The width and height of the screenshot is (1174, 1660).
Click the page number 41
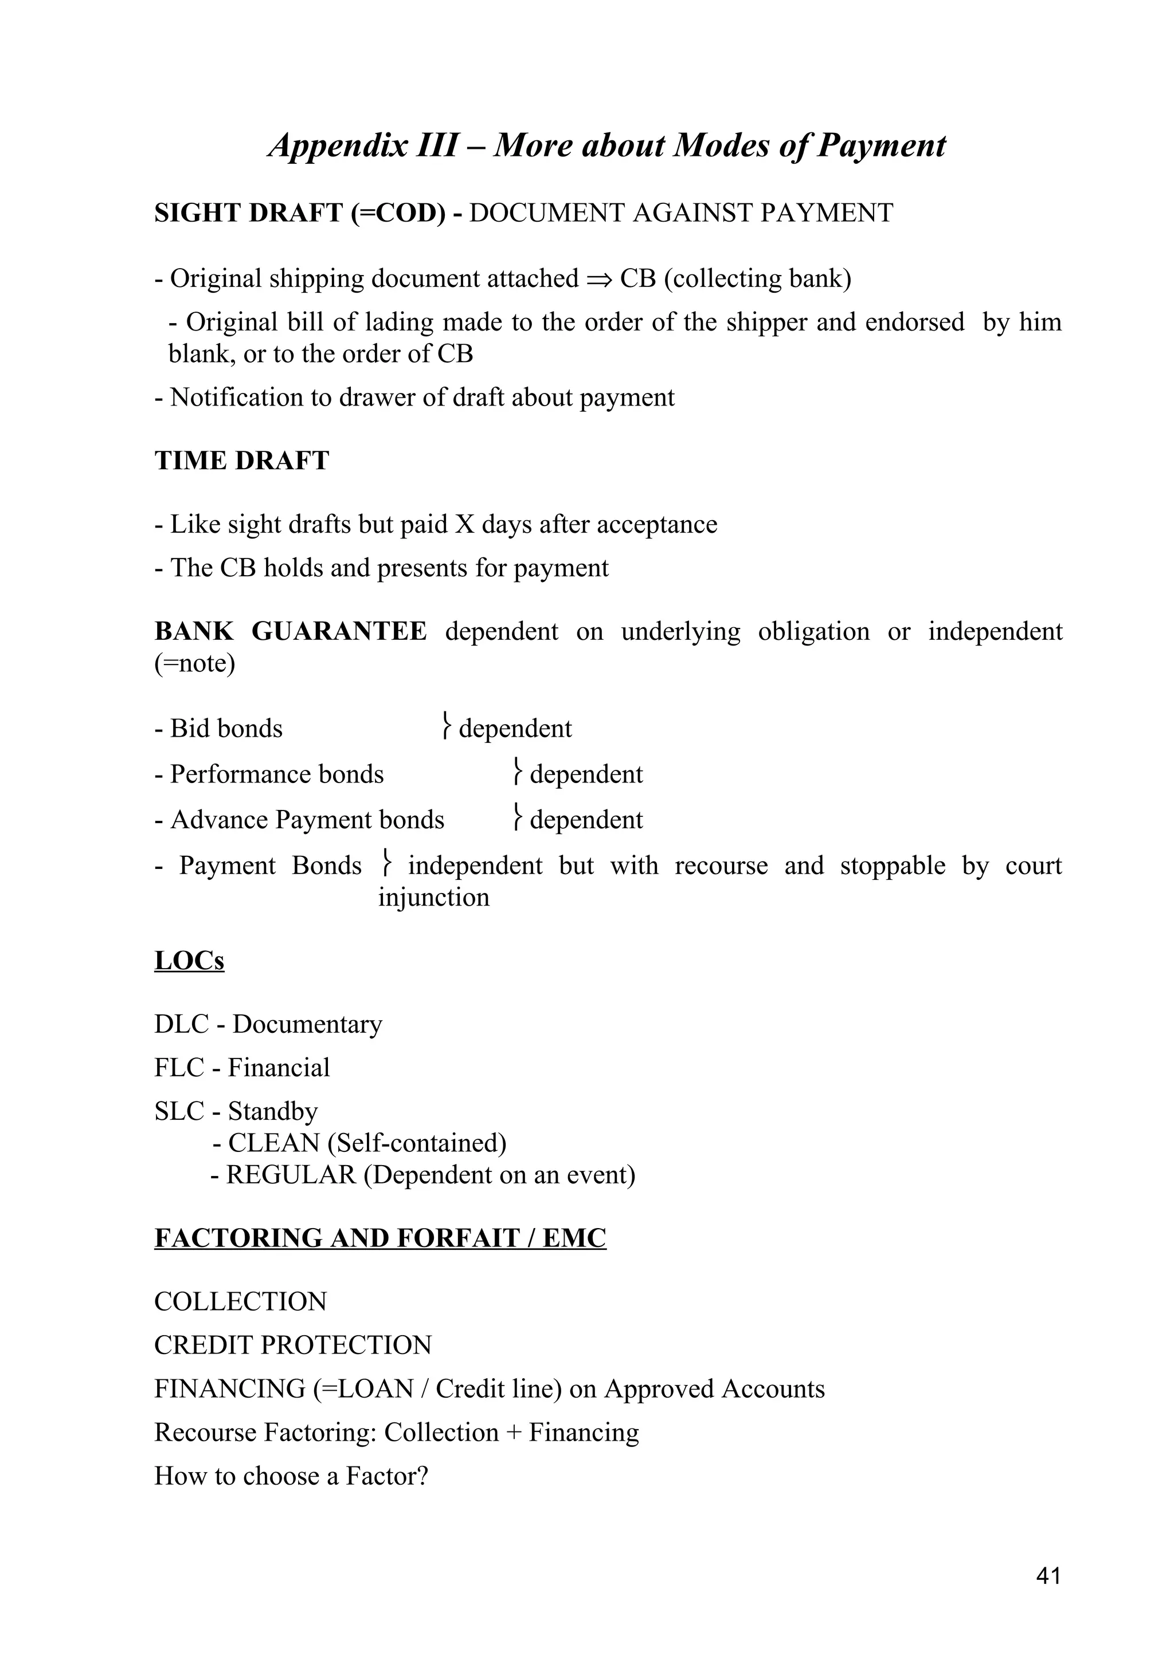pos(1048,1576)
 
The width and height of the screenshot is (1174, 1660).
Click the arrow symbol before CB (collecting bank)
pos(600,280)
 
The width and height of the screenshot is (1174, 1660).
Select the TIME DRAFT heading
pos(241,461)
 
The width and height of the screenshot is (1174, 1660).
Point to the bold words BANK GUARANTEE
pos(291,632)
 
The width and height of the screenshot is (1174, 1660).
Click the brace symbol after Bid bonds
pos(447,727)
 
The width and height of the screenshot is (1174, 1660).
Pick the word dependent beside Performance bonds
pos(586,774)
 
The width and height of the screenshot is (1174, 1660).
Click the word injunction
pos(433,898)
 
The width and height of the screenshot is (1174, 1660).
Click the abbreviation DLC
pos(181,1025)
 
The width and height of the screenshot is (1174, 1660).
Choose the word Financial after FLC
pos(279,1068)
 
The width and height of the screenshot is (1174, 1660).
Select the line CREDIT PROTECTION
pos(293,1346)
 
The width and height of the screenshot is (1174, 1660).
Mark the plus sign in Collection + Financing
pos(514,1432)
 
